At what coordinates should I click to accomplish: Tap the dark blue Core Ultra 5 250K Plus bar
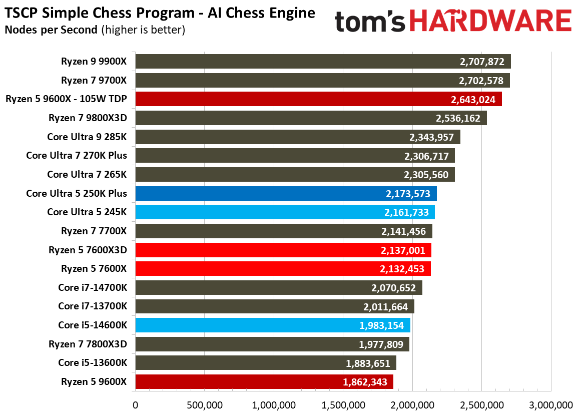(x=286, y=193)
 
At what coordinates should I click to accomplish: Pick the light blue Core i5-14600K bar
(x=273, y=325)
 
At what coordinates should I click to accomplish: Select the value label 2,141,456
(x=403, y=231)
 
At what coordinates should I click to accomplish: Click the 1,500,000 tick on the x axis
(x=342, y=404)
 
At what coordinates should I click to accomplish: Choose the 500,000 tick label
(x=204, y=404)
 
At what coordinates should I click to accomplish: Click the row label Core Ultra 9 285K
(x=87, y=137)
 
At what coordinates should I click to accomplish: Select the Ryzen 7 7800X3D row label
(x=88, y=344)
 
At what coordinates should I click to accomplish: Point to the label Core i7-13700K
(x=92, y=306)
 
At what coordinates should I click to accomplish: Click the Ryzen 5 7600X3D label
(x=88, y=250)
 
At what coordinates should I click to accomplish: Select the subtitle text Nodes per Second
(x=51, y=30)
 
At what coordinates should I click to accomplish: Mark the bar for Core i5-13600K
(x=265, y=363)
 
